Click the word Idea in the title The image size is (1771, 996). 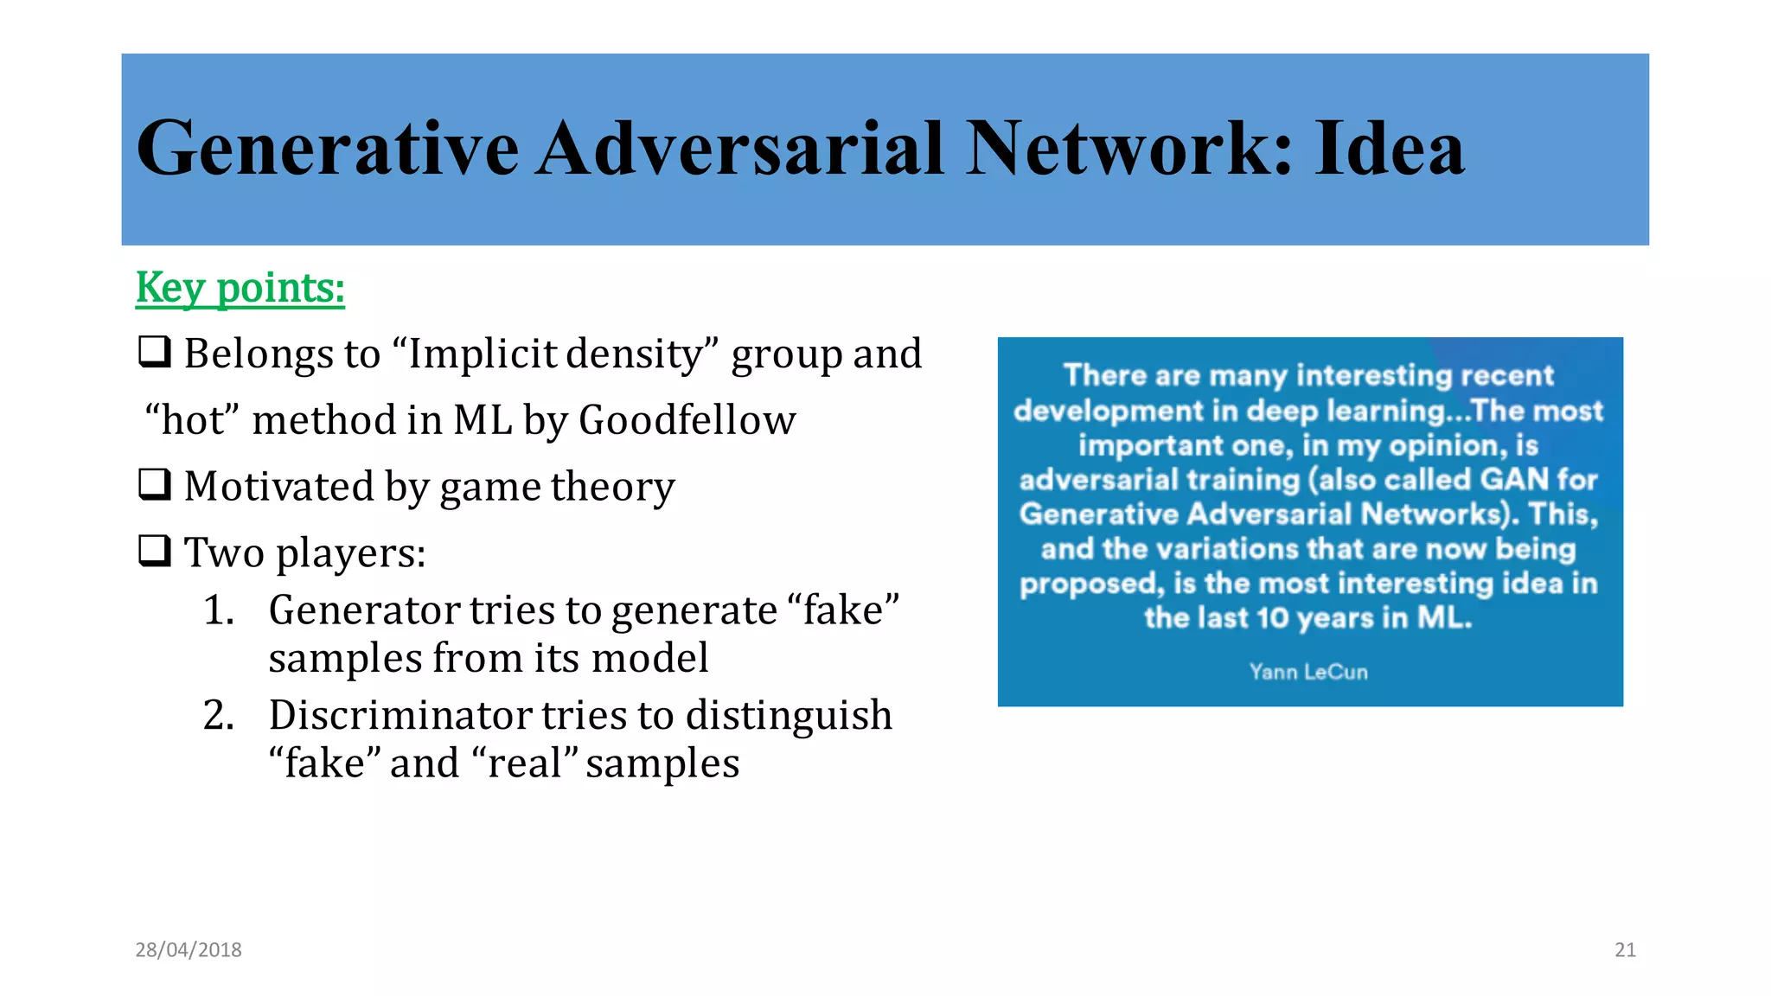click(x=1389, y=149)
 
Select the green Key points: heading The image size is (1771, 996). click(x=240, y=288)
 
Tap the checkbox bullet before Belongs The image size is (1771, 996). click(x=155, y=353)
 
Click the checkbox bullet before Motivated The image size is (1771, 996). click(x=155, y=485)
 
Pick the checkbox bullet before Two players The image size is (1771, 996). click(x=155, y=551)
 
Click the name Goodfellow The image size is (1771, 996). click(x=687, y=420)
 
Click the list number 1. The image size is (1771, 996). click(x=218, y=610)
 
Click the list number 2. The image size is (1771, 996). click(x=218, y=716)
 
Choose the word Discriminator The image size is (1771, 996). click(x=400, y=716)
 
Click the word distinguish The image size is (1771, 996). click(x=788, y=716)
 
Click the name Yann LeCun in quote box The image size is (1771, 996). click(x=1308, y=672)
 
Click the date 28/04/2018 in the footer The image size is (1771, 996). click(x=189, y=950)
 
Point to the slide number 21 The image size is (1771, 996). click(x=1625, y=950)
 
